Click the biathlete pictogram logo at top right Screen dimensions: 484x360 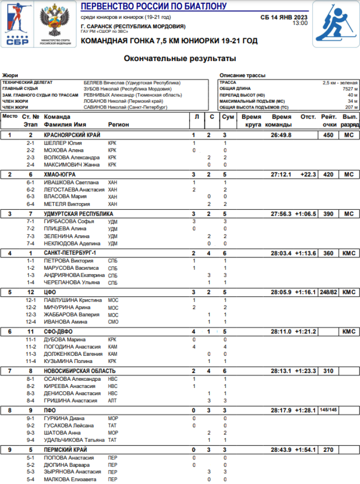coord(336,24)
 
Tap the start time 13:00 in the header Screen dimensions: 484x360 coord(300,23)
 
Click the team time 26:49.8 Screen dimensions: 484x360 coord(281,135)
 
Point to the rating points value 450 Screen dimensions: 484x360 coord(328,135)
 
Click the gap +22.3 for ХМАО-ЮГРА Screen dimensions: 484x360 coord(308,174)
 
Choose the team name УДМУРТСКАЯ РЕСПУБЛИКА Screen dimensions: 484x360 coord(79,214)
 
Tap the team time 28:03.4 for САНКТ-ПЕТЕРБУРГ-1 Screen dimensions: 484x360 coord(281,253)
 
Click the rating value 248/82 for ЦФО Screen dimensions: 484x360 coord(328,292)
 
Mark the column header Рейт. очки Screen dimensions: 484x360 coord(328,121)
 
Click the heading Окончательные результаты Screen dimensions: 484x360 coord(180,59)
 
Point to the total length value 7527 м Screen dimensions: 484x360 coord(349,89)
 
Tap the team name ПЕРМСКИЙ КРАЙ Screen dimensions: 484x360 coord(65,450)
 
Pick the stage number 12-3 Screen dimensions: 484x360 coord(31,315)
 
